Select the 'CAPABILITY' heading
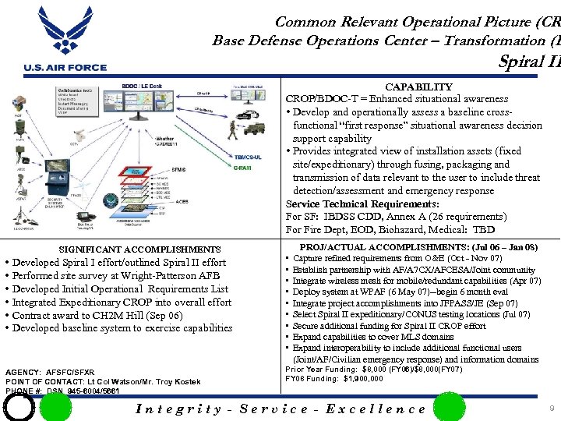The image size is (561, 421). point(418,87)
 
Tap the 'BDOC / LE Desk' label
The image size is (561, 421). point(141,86)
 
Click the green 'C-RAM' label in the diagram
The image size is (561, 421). point(242,168)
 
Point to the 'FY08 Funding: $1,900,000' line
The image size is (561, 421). point(334,379)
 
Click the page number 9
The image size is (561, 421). point(551,408)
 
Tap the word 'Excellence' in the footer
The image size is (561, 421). point(376,409)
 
